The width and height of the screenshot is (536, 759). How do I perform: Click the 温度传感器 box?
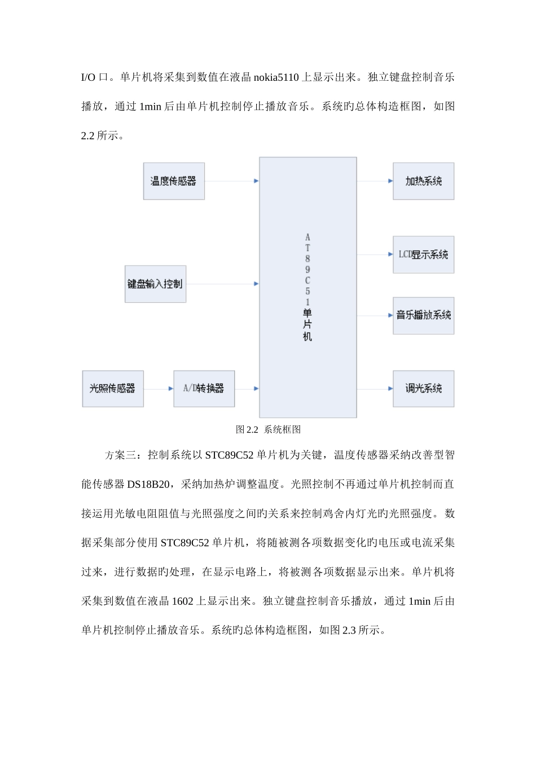[174, 181]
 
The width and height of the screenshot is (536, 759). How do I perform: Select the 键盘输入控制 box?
[155, 283]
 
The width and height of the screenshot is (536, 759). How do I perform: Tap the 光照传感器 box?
[113, 389]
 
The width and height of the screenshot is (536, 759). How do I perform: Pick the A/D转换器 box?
[204, 389]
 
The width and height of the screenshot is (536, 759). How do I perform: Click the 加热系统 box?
[423, 181]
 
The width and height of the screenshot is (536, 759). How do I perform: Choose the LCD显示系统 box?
[423, 255]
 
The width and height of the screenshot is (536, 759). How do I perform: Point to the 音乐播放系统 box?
[423, 315]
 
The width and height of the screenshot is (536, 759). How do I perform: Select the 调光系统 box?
[423, 389]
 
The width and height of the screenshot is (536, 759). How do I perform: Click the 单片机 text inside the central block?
[307, 325]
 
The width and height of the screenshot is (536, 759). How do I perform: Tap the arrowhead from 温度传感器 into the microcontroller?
[256, 181]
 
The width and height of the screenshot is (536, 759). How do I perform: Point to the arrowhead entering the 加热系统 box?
[390, 181]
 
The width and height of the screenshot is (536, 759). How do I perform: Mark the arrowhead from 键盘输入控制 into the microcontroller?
[256, 283]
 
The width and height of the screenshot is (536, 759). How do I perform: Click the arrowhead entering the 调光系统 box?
[390, 389]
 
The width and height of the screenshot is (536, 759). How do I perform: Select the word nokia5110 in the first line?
[276, 77]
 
